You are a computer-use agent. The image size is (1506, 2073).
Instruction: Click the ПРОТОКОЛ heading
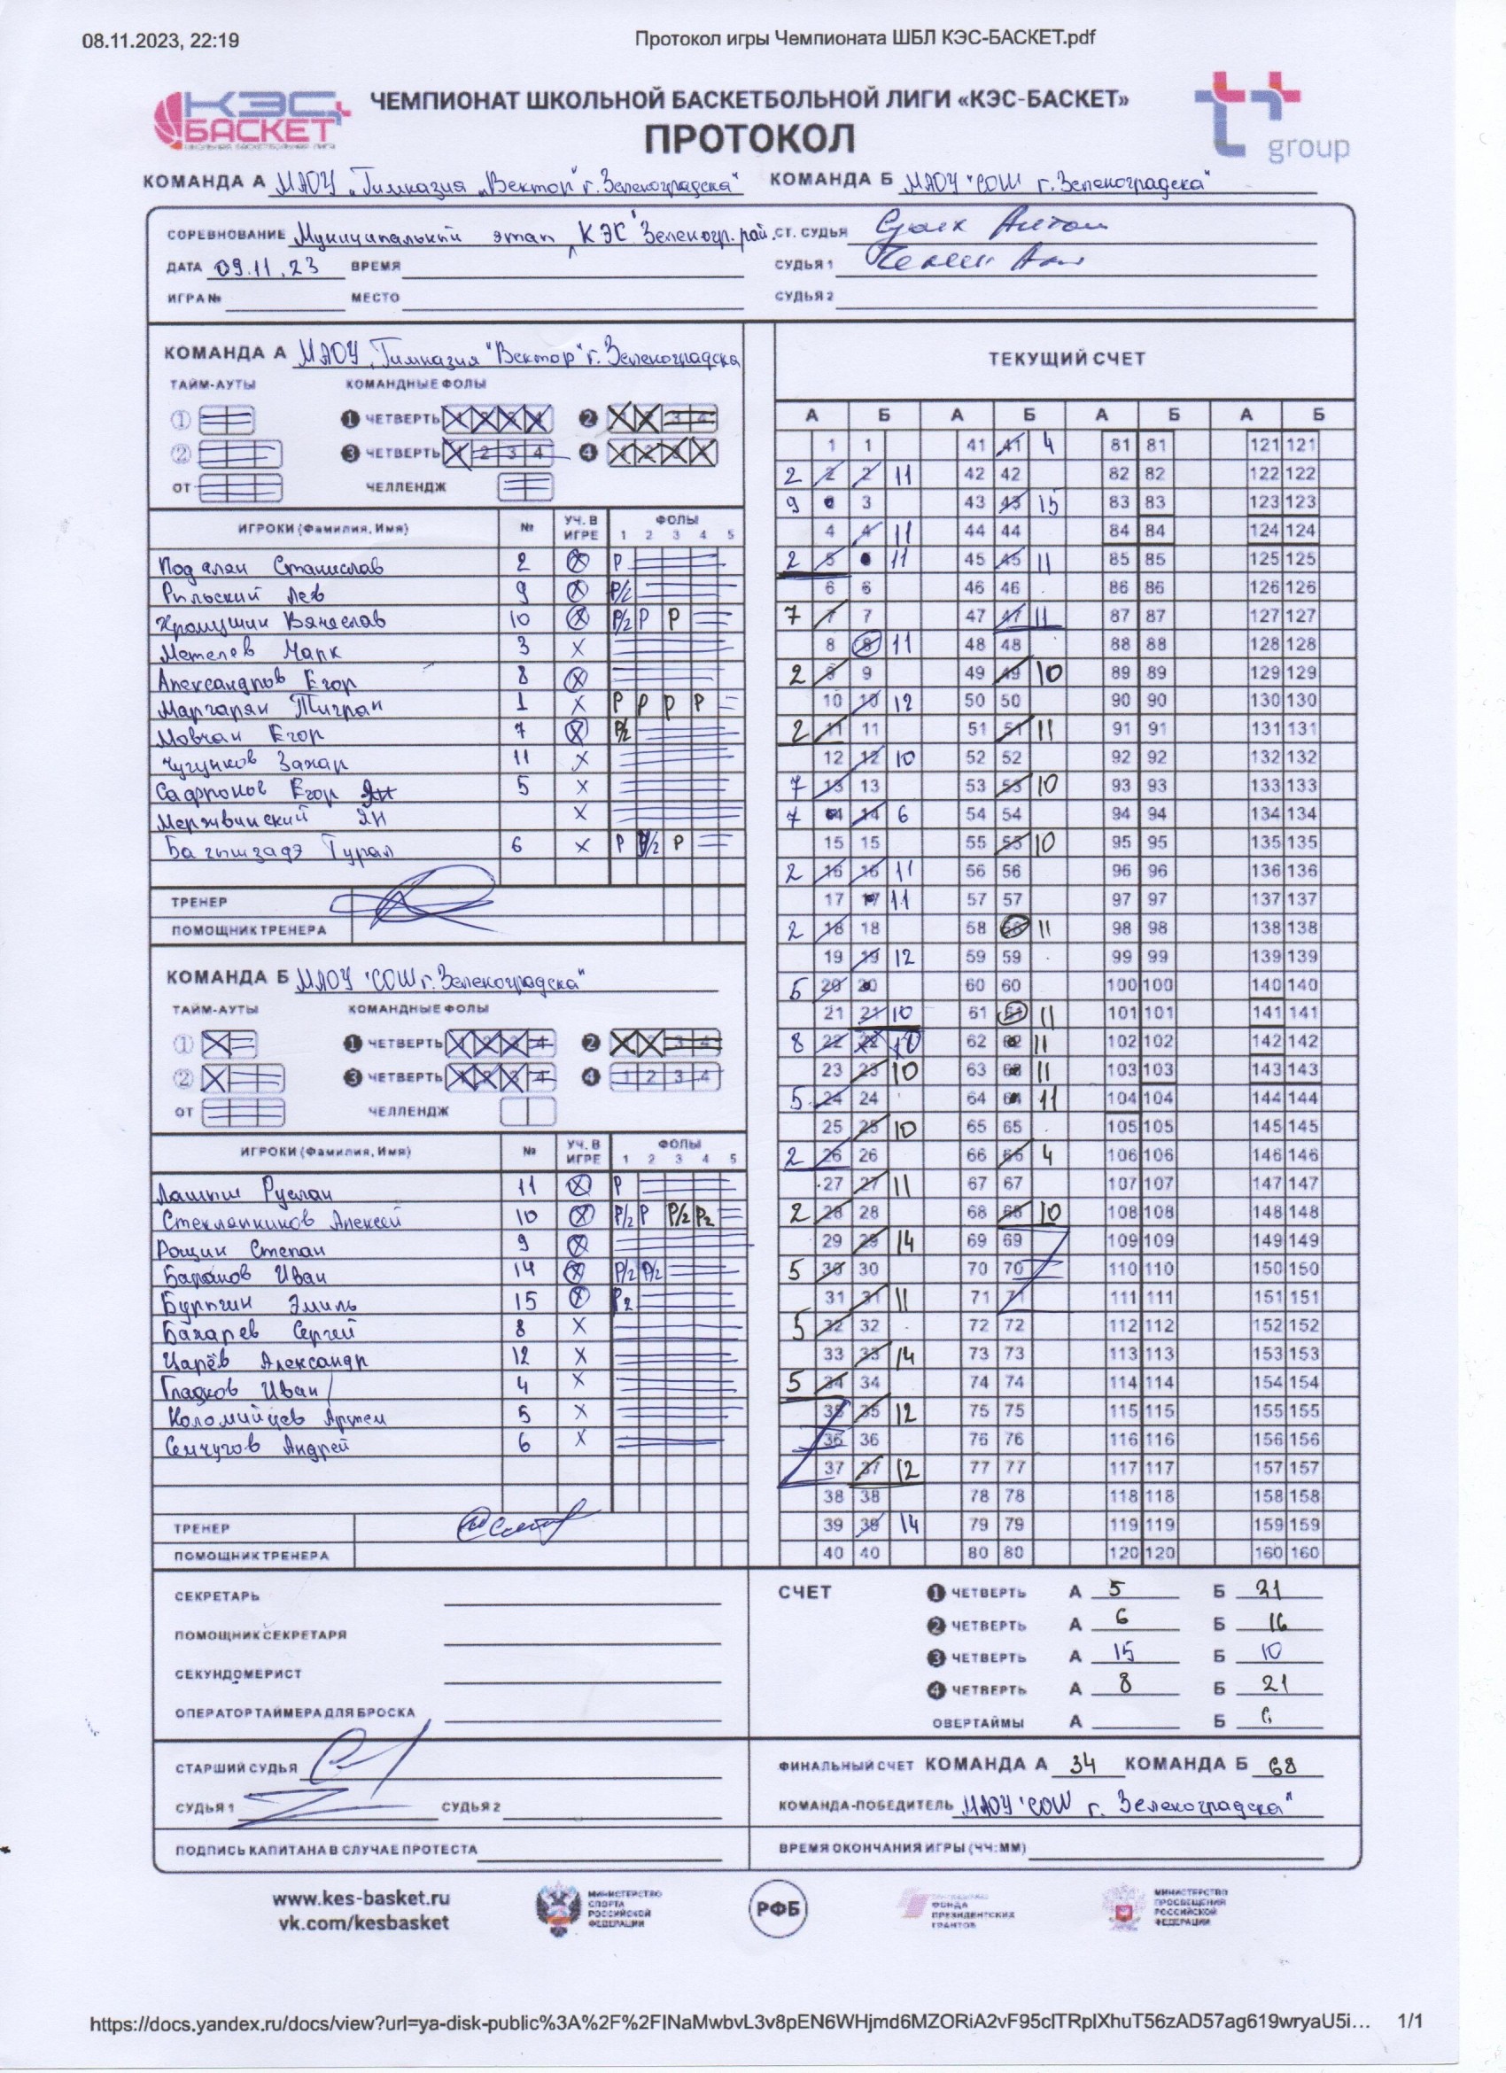click(750, 139)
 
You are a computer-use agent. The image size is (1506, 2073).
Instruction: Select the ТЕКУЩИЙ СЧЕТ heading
click(1066, 358)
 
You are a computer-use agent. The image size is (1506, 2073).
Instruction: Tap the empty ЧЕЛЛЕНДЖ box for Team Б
click(527, 1111)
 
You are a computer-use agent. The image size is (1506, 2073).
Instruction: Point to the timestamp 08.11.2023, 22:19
click(161, 38)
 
